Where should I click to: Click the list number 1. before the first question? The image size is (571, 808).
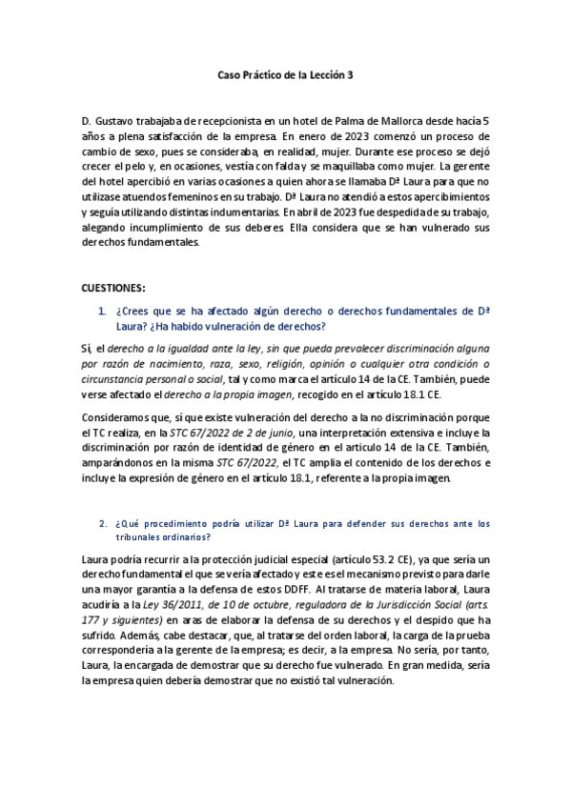tap(102, 311)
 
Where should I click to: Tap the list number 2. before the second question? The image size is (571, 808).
tap(102, 523)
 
